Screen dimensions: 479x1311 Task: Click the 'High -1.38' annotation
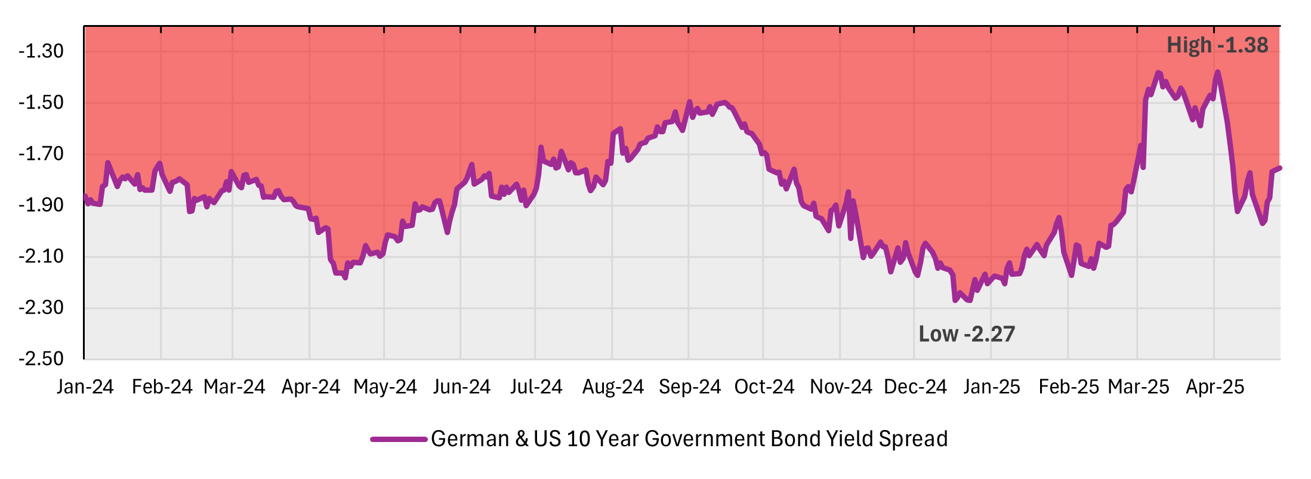point(1217,45)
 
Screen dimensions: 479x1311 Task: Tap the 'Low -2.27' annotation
point(966,334)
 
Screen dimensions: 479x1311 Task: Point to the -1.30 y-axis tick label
point(41,51)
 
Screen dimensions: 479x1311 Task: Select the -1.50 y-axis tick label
point(41,103)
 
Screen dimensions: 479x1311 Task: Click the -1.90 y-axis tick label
point(41,205)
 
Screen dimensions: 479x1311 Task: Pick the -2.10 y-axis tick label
point(41,257)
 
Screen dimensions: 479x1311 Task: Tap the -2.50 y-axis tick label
point(41,359)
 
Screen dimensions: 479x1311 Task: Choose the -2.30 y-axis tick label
point(41,308)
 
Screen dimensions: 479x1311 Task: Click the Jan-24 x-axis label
point(85,387)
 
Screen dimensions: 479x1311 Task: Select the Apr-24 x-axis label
point(310,387)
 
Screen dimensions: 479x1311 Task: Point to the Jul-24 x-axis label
point(536,387)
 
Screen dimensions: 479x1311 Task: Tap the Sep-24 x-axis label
point(689,387)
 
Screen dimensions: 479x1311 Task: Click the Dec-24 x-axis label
point(915,387)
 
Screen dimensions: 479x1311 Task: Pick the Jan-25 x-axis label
point(991,387)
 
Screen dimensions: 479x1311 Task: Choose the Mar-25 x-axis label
point(1138,387)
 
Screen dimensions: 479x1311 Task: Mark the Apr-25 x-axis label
point(1214,387)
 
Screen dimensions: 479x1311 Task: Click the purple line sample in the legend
point(398,439)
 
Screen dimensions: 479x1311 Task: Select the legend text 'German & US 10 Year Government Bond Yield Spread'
point(689,439)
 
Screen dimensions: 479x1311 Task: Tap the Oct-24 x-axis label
point(764,387)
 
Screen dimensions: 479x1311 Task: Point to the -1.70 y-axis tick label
point(41,154)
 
